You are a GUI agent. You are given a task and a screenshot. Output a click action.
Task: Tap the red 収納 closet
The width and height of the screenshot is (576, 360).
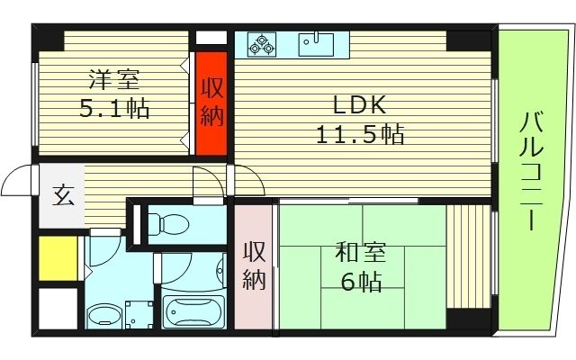pyautogui.click(x=211, y=103)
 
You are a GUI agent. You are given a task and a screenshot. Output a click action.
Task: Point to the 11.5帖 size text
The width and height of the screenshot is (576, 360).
pyautogui.click(x=359, y=135)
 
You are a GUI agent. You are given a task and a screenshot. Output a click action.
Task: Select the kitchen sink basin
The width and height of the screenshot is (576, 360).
pyautogui.click(x=316, y=42)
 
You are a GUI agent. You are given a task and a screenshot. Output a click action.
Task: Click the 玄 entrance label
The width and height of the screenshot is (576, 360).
pyautogui.click(x=62, y=195)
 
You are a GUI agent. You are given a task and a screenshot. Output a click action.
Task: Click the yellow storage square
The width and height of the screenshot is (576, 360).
pyautogui.click(x=57, y=257)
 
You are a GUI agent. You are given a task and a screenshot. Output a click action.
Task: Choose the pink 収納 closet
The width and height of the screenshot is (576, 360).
pyautogui.click(x=254, y=266)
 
